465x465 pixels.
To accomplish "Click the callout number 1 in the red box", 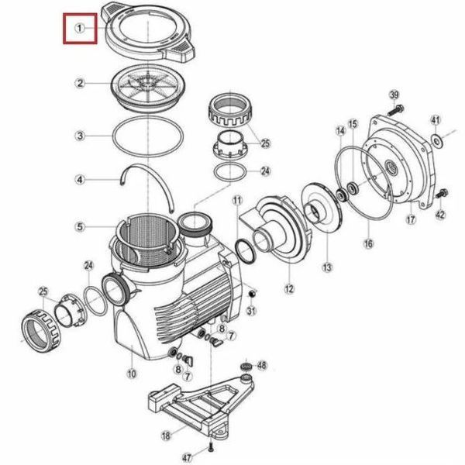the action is click(x=80, y=29).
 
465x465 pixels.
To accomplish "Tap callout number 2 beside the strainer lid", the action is click(x=80, y=84).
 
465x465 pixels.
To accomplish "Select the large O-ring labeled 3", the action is click(x=148, y=136).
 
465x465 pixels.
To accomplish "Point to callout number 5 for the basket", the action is click(x=80, y=227).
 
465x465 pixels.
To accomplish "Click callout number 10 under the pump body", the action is click(x=132, y=374).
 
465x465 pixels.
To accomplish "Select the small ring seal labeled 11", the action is click(x=245, y=251).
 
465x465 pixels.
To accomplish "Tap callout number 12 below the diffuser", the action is click(x=289, y=289).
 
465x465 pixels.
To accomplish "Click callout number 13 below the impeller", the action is click(x=327, y=267).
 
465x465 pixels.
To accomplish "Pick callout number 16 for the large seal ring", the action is click(x=368, y=244).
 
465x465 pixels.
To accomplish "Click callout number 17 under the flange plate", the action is click(x=411, y=220).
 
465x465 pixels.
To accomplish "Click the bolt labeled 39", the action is click(x=395, y=110).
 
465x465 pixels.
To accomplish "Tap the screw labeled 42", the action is click(x=443, y=194).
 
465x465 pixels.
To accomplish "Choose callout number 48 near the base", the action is click(x=261, y=365).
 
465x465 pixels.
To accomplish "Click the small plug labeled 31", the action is click(x=252, y=294).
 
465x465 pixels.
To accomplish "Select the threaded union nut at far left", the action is click(x=41, y=331).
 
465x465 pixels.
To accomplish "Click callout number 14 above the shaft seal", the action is click(x=340, y=131).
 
